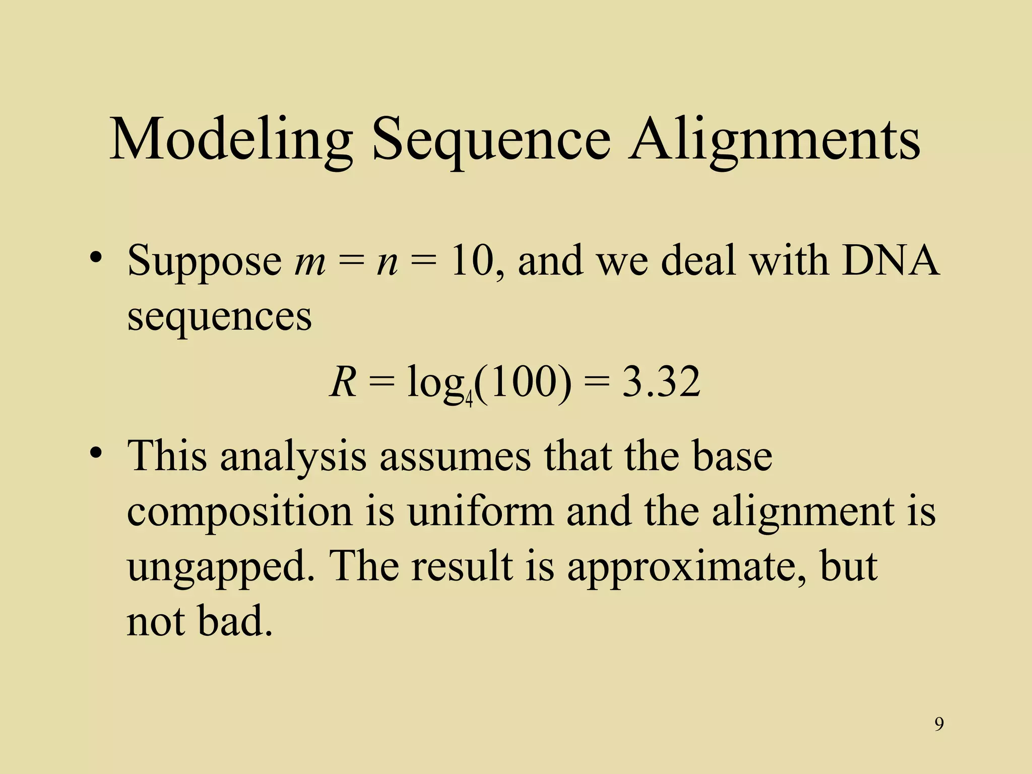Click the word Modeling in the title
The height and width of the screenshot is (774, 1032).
(230, 139)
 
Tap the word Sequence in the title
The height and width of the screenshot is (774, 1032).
(491, 139)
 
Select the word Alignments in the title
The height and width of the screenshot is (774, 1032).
(774, 139)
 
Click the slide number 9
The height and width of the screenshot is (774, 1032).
(939, 724)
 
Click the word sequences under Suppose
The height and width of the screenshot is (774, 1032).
(219, 317)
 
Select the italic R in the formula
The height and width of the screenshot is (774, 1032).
(343, 382)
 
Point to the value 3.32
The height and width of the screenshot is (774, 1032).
(661, 382)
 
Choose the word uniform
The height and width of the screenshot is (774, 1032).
(480, 512)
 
